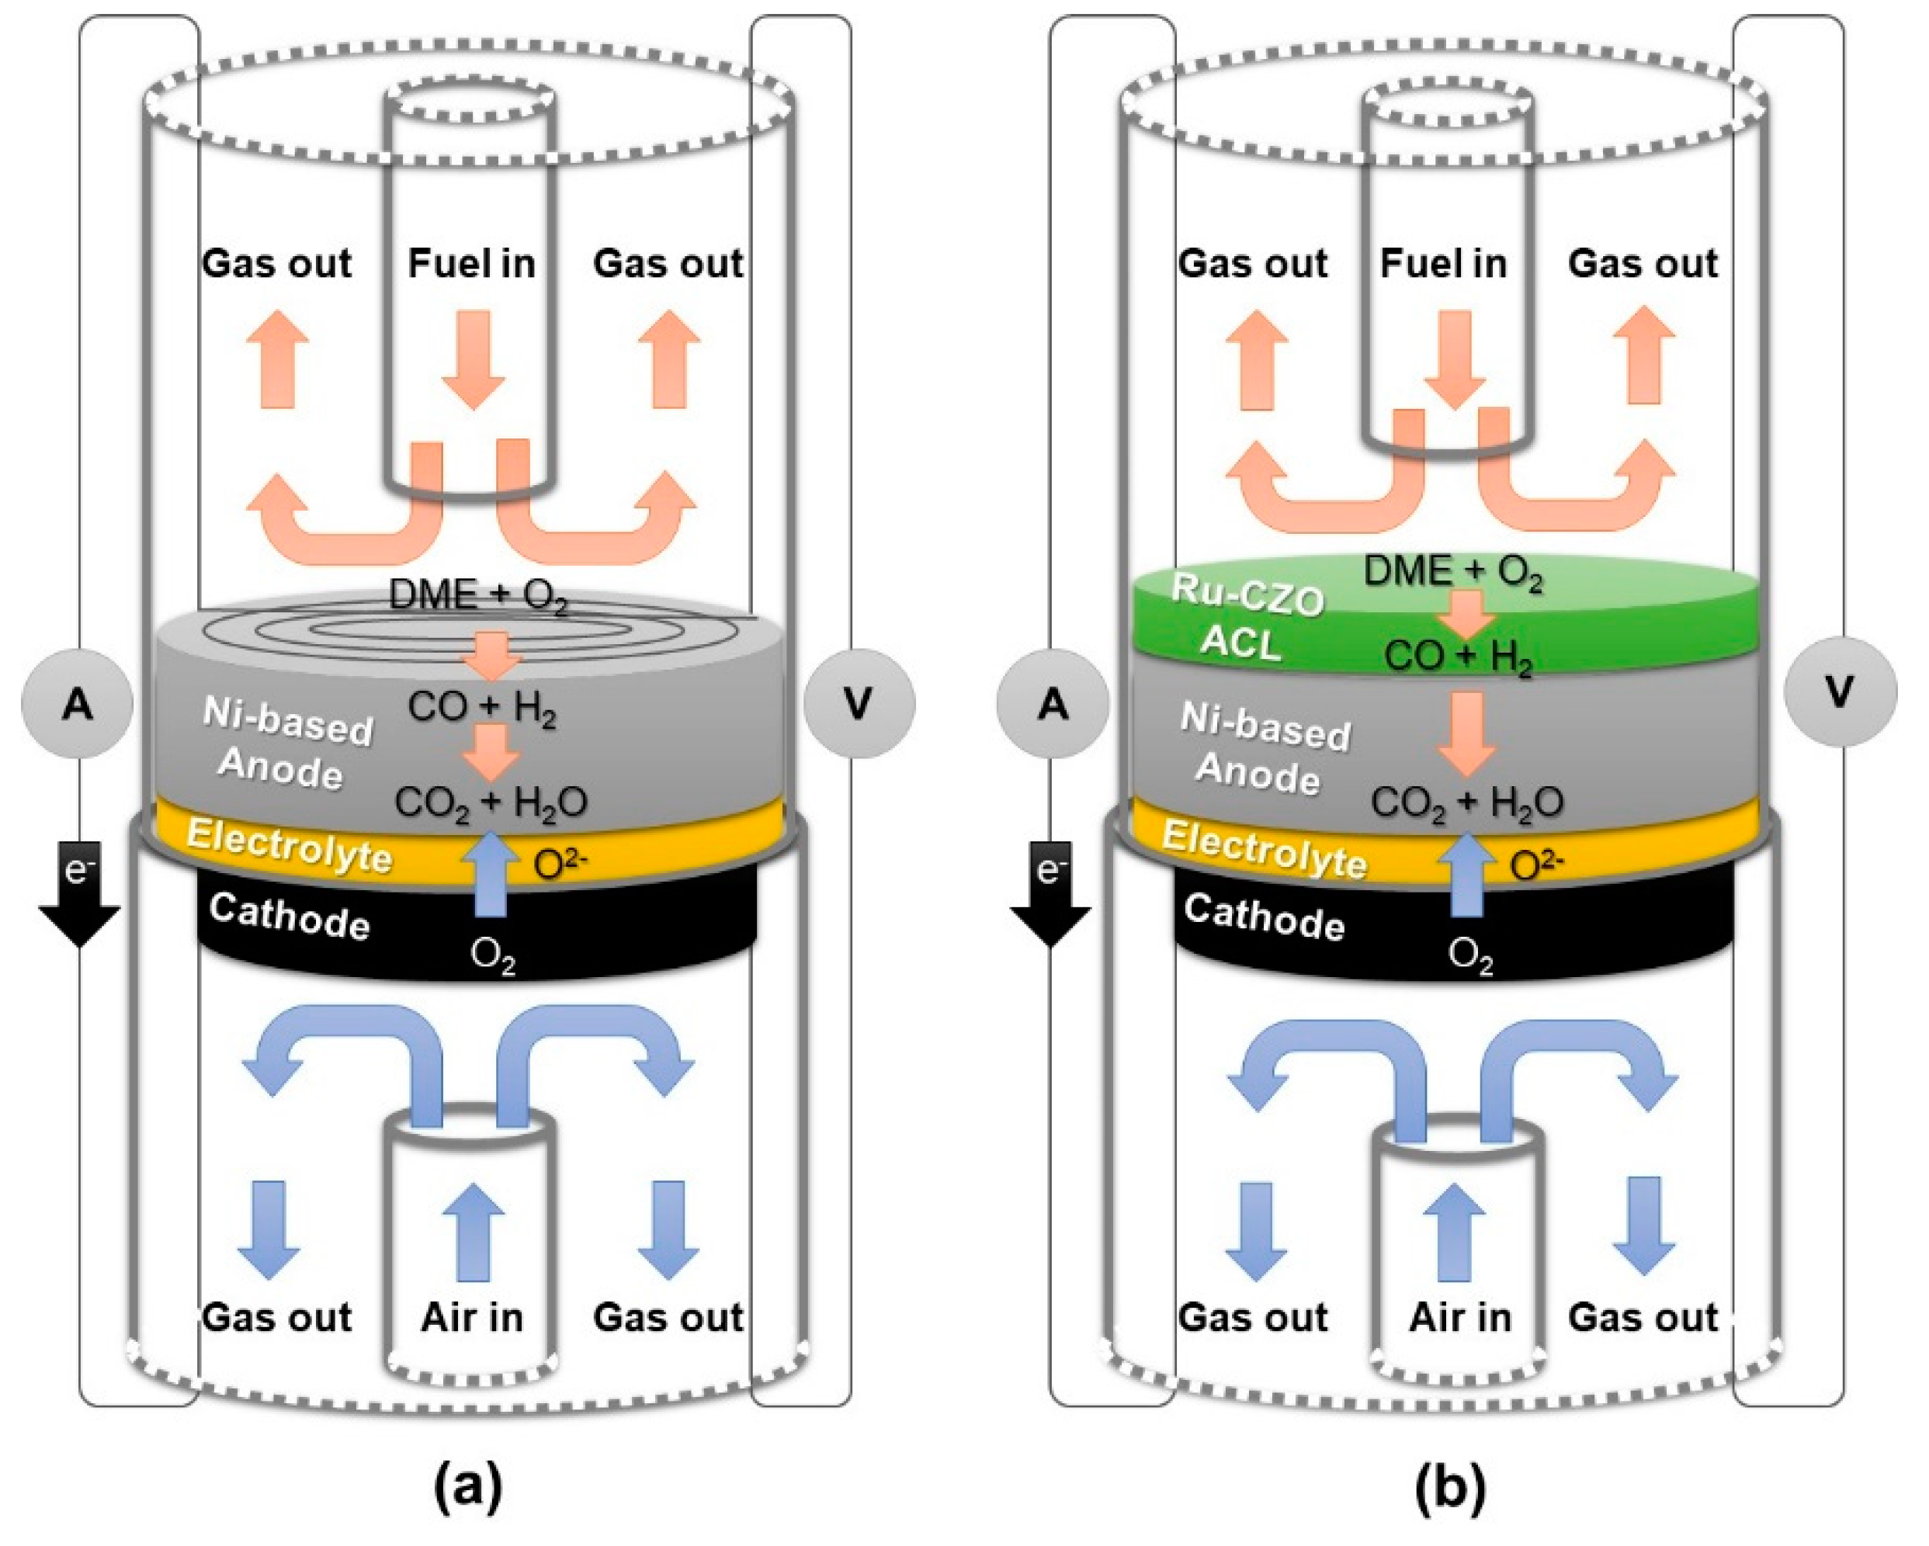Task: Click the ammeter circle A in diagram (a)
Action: click(x=77, y=706)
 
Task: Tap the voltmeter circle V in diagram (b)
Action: click(x=1839, y=692)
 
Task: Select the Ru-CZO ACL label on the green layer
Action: click(x=1247, y=617)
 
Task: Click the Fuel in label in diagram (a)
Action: click(x=471, y=263)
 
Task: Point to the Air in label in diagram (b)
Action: click(x=1459, y=1317)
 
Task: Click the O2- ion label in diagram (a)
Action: click(x=561, y=862)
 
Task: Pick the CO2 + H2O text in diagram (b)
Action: click(x=1467, y=802)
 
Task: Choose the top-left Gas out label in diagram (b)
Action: click(x=1253, y=263)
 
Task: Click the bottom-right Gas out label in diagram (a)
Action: click(x=668, y=1317)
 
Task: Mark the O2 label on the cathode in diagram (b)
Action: click(x=1471, y=955)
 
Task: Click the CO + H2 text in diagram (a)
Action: click(x=483, y=708)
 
